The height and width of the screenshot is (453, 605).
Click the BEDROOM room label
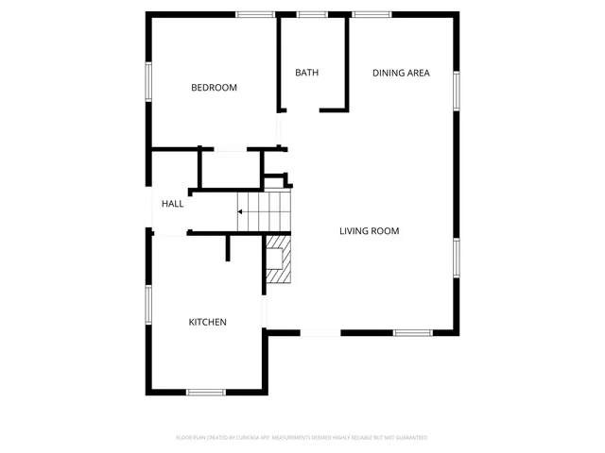click(214, 88)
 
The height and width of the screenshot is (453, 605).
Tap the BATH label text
click(306, 73)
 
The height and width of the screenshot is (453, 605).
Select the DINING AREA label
click(401, 73)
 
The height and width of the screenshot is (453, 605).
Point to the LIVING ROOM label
click(370, 230)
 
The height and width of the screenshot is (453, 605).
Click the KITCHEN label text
click(207, 322)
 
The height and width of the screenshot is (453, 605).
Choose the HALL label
click(172, 204)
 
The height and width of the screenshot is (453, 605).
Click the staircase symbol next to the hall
click(264, 210)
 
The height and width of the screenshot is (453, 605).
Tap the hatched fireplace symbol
click(278, 259)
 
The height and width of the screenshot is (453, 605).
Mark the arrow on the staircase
click(243, 211)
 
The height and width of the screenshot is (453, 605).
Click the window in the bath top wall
click(312, 14)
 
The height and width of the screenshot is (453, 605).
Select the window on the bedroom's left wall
click(147, 81)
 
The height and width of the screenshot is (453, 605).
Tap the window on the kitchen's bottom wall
click(205, 392)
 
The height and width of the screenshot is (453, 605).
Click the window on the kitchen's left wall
click(147, 304)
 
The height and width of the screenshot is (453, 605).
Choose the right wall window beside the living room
click(457, 256)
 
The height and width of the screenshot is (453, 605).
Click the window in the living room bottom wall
click(412, 332)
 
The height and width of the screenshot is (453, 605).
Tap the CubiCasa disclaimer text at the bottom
click(302, 438)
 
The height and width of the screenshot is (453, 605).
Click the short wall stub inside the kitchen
click(228, 247)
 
